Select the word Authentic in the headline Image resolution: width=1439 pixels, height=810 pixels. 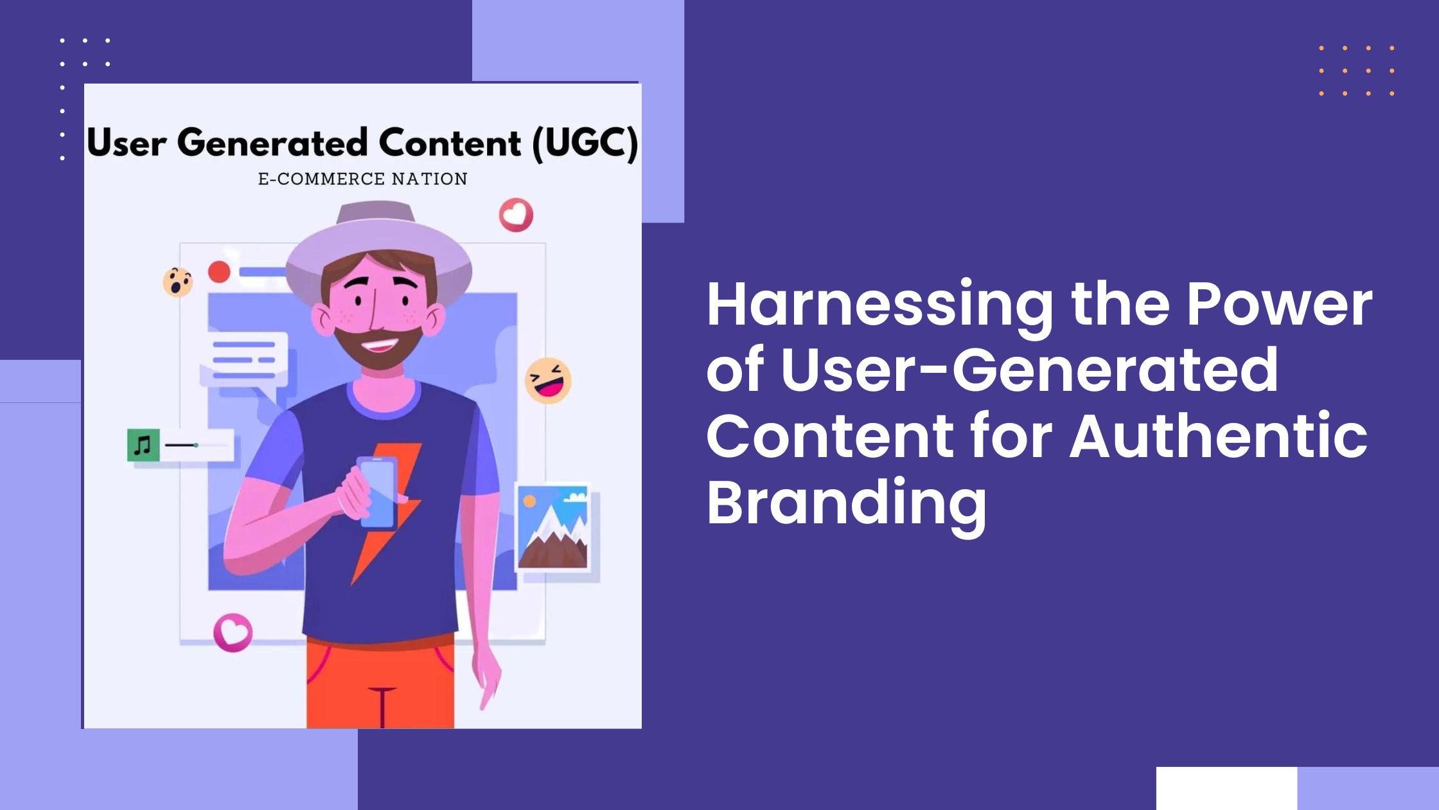point(1218,437)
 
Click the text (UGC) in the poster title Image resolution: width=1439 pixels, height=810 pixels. point(585,143)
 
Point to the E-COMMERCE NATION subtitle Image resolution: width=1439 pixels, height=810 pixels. point(362,179)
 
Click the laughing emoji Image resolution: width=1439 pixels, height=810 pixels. point(548,381)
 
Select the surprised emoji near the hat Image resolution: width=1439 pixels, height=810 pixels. point(177,282)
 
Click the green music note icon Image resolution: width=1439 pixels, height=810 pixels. point(143,445)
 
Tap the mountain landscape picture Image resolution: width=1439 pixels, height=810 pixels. point(553,527)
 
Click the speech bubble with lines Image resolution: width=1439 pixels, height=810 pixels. point(244,360)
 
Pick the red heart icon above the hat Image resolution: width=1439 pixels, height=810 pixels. point(516,215)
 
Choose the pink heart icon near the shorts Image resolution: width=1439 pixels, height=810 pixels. point(233,633)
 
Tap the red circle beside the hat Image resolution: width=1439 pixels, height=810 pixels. point(219,272)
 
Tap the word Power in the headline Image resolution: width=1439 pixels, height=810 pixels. point(1279,306)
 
